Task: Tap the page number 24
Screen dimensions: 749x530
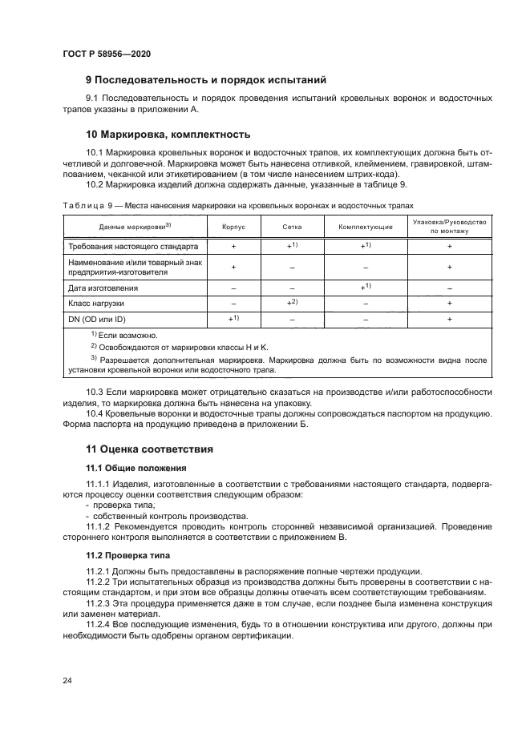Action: [67, 680]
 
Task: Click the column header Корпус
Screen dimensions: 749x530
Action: [233, 227]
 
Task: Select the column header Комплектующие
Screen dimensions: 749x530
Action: [365, 227]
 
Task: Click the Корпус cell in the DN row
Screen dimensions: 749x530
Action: [233, 319]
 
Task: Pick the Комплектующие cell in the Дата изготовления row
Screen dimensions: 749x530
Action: [365, 286]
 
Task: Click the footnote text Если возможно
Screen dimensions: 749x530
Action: [128, 335]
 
